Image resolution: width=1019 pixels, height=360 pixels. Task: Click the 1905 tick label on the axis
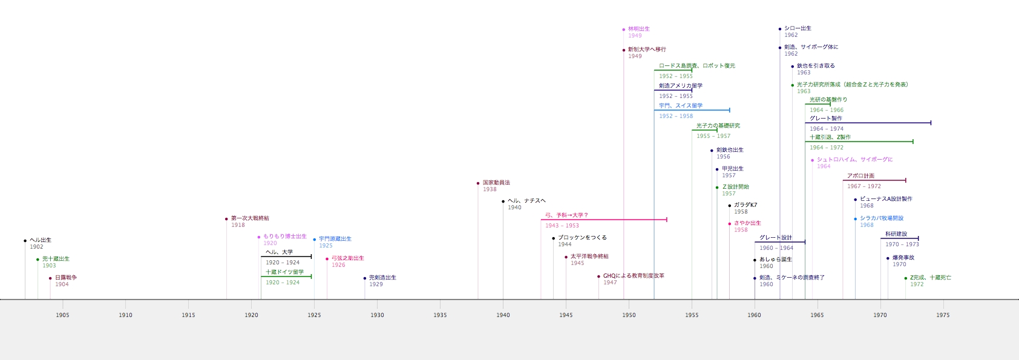point(62,315)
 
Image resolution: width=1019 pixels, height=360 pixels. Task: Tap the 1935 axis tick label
point(440,315)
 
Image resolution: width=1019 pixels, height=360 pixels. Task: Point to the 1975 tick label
point(943,315)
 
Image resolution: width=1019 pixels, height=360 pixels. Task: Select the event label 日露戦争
point(66,278)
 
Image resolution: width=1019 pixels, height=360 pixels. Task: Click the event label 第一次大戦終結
point(250,218)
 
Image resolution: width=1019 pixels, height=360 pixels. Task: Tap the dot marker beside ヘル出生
point(25,241)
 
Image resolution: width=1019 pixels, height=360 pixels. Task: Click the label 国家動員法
point(496,183)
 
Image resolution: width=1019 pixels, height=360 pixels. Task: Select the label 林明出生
point(638,29)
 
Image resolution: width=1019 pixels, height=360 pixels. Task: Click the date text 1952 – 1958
point(676,116)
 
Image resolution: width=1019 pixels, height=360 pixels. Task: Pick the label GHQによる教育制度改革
point(634,276)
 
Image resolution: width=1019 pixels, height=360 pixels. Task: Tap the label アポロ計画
point(860,176)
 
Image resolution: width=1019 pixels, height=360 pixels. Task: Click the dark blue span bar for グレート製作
point(868,123)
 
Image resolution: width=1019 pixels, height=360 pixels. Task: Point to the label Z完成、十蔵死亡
point(931,278)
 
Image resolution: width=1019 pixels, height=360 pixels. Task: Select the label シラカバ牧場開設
point(882,218)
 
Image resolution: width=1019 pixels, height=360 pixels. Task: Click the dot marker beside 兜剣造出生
point(365,278)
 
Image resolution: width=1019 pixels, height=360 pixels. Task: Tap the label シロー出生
point(798,28)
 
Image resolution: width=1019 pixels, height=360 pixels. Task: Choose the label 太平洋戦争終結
point(589,257)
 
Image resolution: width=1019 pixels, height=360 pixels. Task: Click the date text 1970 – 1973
point(902,244)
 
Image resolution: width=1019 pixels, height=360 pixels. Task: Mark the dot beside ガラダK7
point(730,206)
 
